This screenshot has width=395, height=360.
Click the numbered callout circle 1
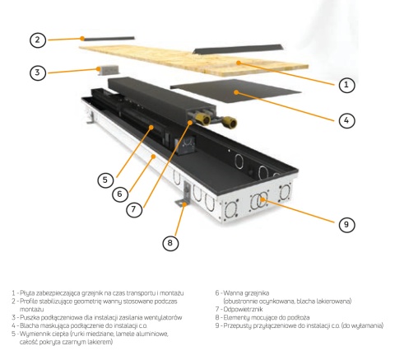coord(346,85)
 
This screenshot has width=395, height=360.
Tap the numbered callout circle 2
coord(38,40)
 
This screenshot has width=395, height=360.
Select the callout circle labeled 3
coord(38,72)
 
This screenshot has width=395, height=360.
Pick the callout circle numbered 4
coord(346,120)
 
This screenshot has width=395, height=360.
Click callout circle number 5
coord(106,180)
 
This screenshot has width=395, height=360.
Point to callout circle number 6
coord(120,194)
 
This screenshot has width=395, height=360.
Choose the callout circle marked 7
coord(134,209)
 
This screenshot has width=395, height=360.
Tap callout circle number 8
coord(170,243)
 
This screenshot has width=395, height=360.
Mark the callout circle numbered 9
coord(346,225)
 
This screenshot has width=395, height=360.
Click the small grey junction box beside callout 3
coord(108,70)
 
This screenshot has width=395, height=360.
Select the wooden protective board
coord(193,61)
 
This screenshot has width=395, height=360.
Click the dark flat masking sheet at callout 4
coord(236,91)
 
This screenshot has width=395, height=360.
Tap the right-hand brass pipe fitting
coord(230,123)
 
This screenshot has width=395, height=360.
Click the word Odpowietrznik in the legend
coord(243,309)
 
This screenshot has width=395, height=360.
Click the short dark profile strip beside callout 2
coord(109,39)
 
